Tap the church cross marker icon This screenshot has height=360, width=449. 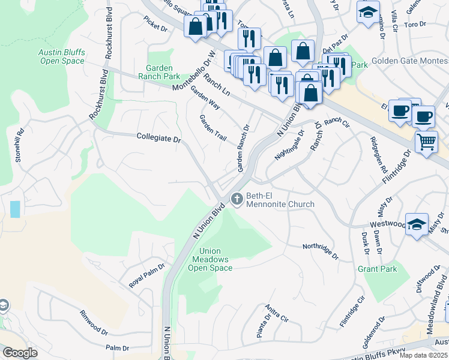tap(237, 198)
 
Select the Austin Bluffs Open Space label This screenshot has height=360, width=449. tap(62, 56)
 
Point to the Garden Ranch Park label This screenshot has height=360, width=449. tap(159, 73)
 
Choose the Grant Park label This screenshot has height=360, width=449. tap(377, 269)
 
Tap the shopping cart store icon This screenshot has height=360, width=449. tap(426, 142)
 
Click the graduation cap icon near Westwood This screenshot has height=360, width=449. tap(417, 224)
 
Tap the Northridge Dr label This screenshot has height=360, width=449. tap(320, 250)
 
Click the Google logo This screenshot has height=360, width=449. tap(20, 353)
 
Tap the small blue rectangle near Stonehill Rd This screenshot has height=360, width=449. tap(15, 209)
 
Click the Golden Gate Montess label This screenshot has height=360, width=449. tap(410, 61)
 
